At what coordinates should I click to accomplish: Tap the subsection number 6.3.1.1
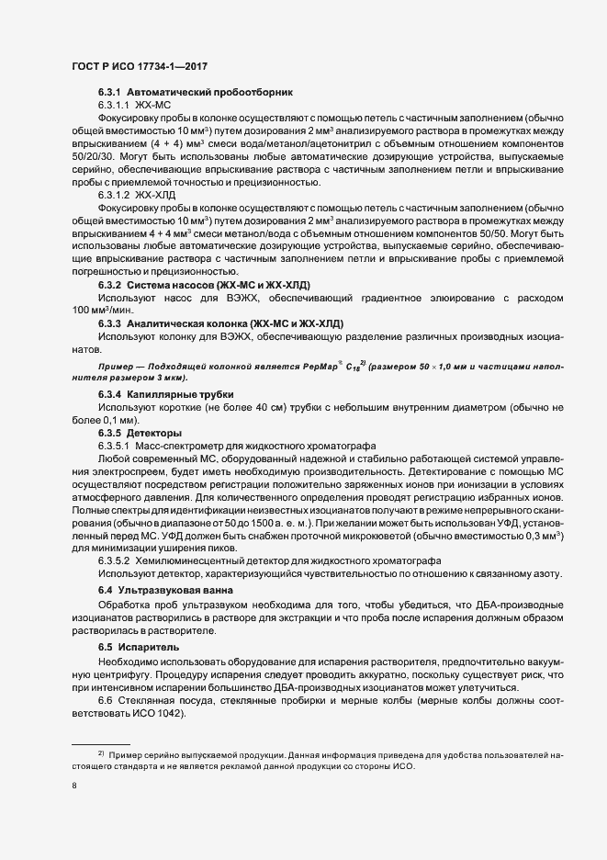click(116, 107)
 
